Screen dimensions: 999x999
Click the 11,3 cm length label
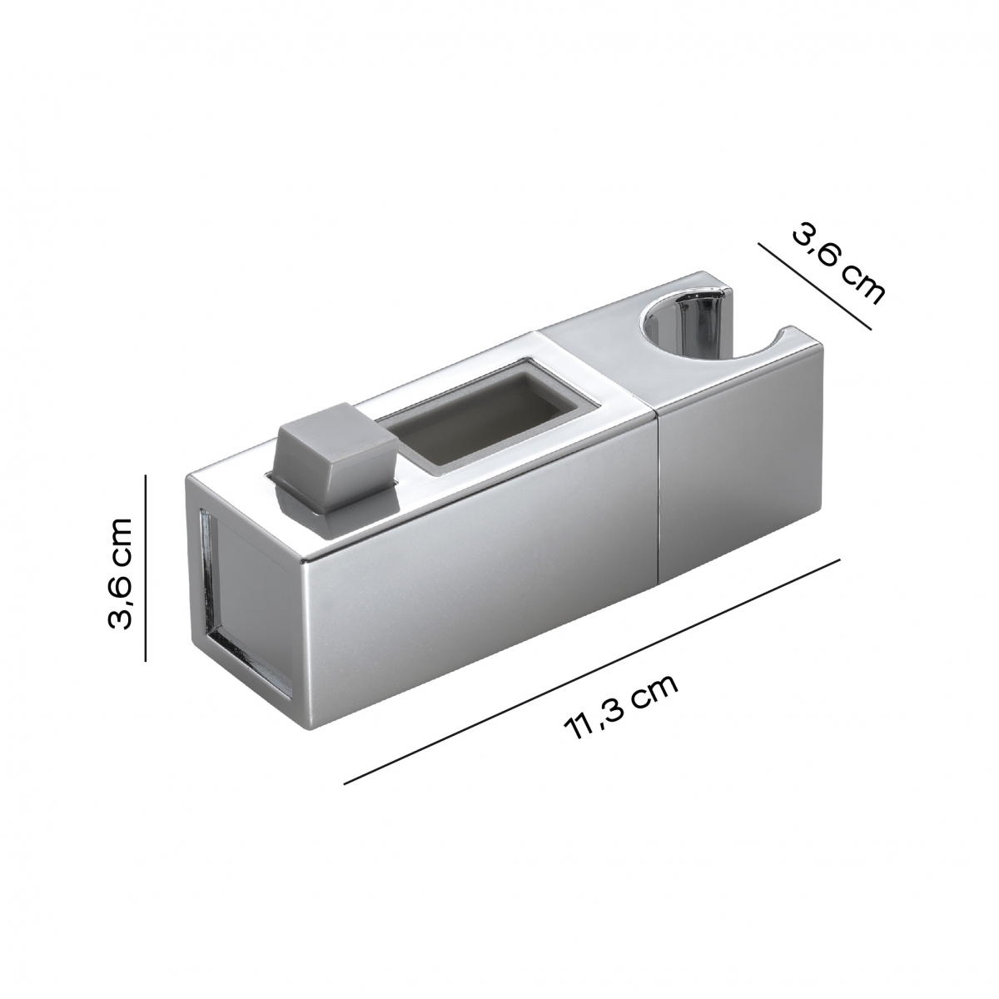[621, 707]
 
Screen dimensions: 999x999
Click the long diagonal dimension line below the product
[591, 671]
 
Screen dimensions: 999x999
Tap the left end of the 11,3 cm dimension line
[345, 783]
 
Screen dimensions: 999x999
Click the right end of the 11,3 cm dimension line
[838, 559]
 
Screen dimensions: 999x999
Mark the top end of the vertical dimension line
[146, 475]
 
